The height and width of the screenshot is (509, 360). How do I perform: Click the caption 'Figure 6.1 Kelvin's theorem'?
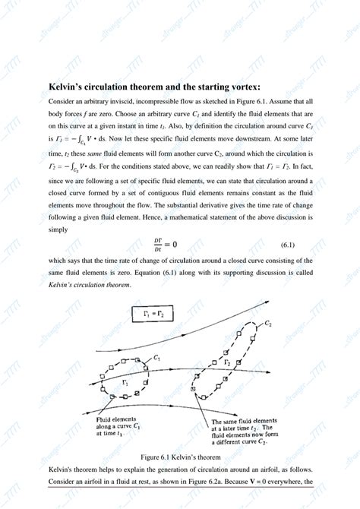coord(180,457)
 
